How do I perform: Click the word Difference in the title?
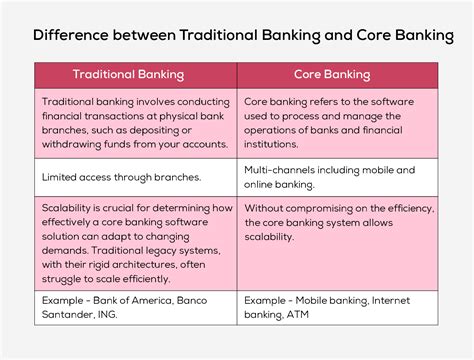75,35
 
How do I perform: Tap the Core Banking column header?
332,75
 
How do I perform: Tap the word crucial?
119,208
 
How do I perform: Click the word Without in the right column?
267,208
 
